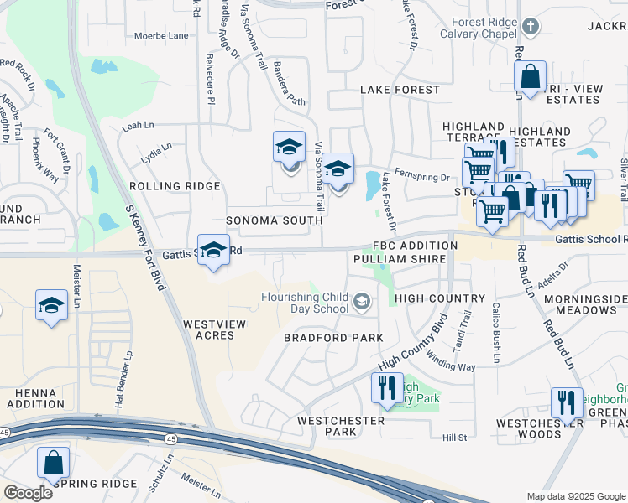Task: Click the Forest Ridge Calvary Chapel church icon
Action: tap(530, 27)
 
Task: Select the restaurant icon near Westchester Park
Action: tap(386, 387)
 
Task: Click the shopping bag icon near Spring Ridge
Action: tap(53, 462)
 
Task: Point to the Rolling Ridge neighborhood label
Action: tap(175, 186)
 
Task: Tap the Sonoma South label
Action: tap(274, 220)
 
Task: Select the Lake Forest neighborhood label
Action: tap(400, 90)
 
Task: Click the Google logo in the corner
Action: tap(28, 493)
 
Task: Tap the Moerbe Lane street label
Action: tap(161, 36)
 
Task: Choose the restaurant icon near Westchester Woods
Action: tap(567, 402)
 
